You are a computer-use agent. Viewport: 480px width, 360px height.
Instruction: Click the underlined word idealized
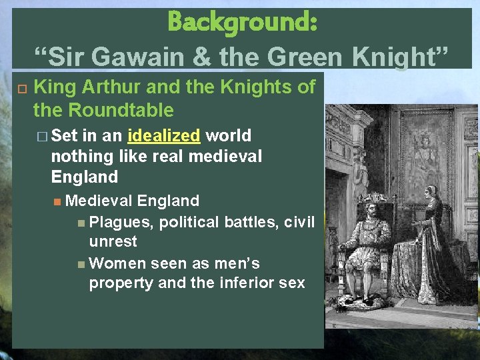(163, 136)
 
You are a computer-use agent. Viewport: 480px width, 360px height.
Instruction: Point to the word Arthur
(111, 87)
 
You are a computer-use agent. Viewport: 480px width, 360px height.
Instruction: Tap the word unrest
(113, 241)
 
